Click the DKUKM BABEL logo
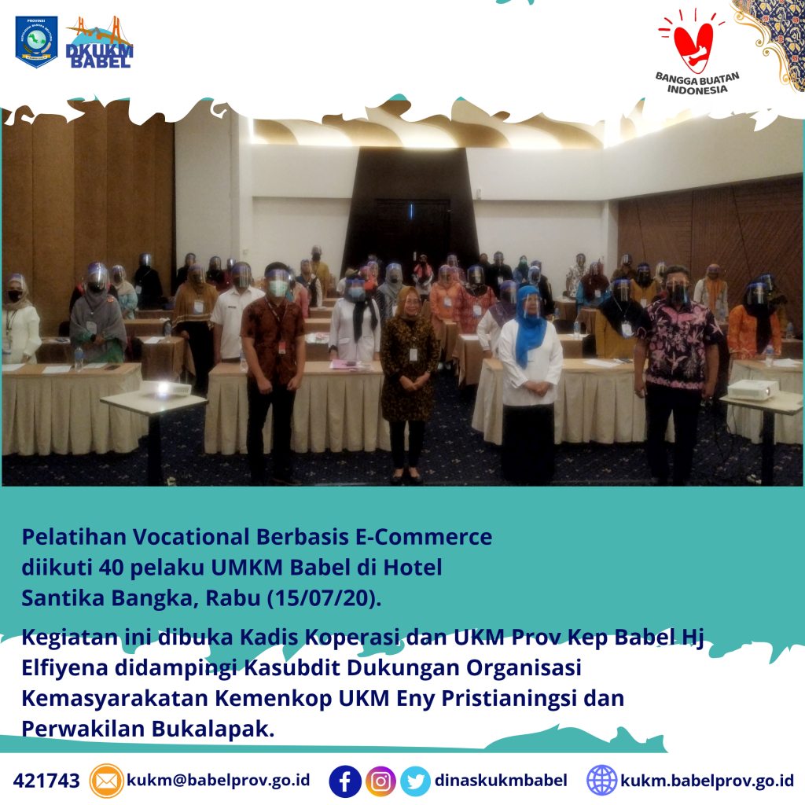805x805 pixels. tap(100, 42)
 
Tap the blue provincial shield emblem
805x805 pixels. tap(36, 42)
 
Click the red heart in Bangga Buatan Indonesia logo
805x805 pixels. tap(693, 46)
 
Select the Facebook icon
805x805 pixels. tap(344, 781)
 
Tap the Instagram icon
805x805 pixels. tap(380, 781)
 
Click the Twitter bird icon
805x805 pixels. tap(415, 781)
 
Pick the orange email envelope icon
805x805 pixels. tap(106, 781)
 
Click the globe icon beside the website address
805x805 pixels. tap(601, 781)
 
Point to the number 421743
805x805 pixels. tap(46, 781)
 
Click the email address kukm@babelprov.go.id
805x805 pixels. tap(219, 781)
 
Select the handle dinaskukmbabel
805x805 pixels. tap(501, 781)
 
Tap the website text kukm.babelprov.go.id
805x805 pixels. tap(707, 781)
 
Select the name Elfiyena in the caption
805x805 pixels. tap(64, 667)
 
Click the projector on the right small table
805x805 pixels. tap(749, 390)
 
